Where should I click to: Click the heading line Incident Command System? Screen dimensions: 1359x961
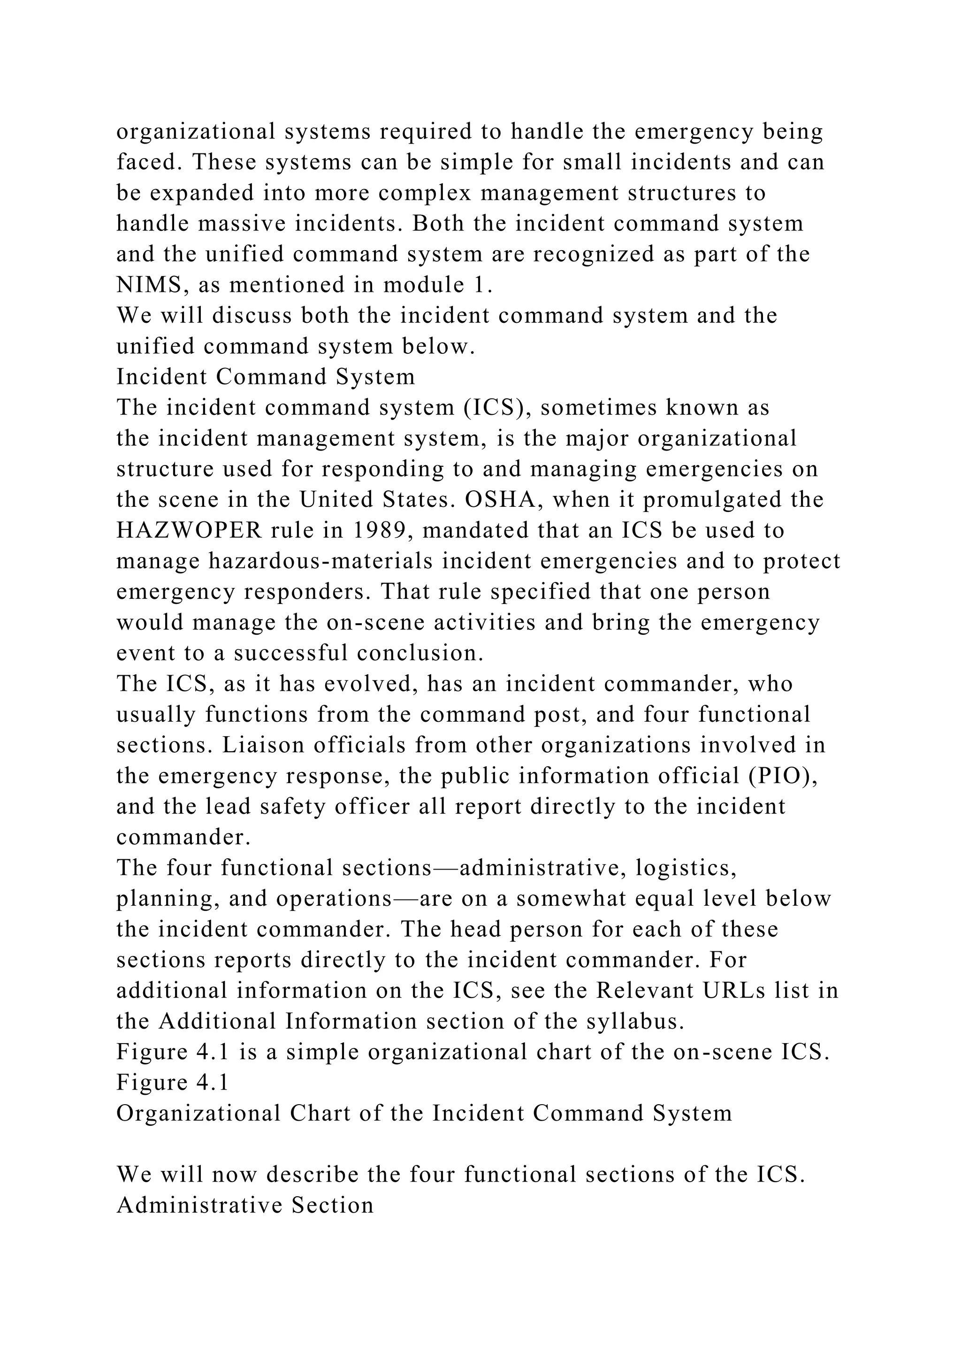pyautogui.click(x=266, y=377)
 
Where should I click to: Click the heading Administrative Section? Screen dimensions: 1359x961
pyautogui.click(x=245, y=1206)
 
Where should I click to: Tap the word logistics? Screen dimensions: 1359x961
pyautogui.click(x=686, y=868)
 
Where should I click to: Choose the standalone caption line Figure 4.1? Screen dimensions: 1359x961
pyautogui.click(x=172, y=1083)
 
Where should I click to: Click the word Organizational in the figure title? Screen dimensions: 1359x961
pyautogui.click(x=198, y=1114)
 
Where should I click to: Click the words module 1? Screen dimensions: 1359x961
pyautogui.click(x=438, y=285)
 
